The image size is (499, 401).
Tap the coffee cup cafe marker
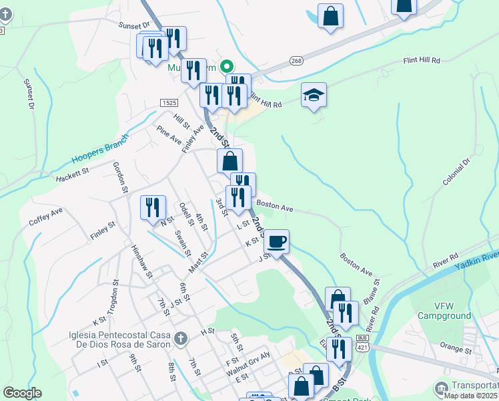tap(276, 241)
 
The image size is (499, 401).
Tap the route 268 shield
tap(296, 61)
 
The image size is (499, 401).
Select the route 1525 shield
tap(169, 102)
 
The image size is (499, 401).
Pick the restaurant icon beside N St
tap(153, 207)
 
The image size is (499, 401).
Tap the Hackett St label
tap(73, 175)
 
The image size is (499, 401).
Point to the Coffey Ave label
tap(46, 216)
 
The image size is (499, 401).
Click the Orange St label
tap(456, 349)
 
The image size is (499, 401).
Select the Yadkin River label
tap(476, 261)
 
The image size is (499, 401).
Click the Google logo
tap(22, 393)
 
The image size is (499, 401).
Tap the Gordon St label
tap(119, 177)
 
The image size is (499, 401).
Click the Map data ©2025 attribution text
tap(470, 395)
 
